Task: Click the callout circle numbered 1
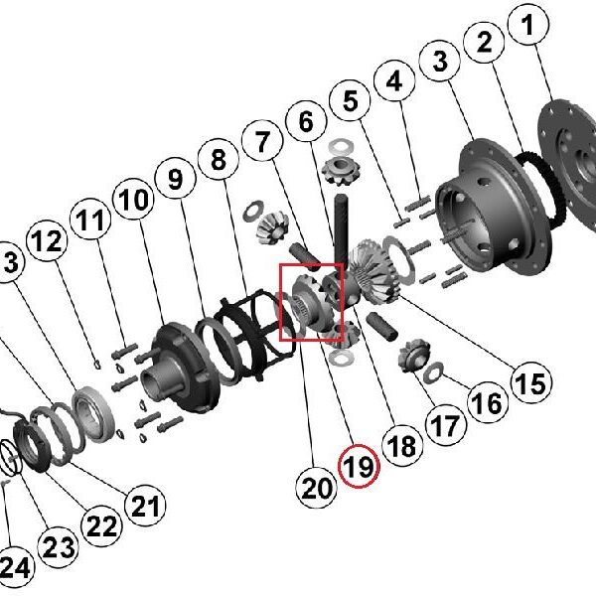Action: point(528,25)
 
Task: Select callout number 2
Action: point(485,42)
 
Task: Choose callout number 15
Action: point(531,382)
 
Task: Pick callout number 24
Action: point(13,567)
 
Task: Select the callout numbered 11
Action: point(90,220)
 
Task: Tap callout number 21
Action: point(145,506)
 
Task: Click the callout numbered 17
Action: point(445,425)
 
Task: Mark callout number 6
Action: point(306,121)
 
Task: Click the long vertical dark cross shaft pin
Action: point(341,228)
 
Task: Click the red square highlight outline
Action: point(311,302)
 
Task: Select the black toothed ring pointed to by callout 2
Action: point(543,189)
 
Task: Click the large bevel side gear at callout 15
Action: point(374,271)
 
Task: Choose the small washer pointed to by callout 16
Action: point(433,372)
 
